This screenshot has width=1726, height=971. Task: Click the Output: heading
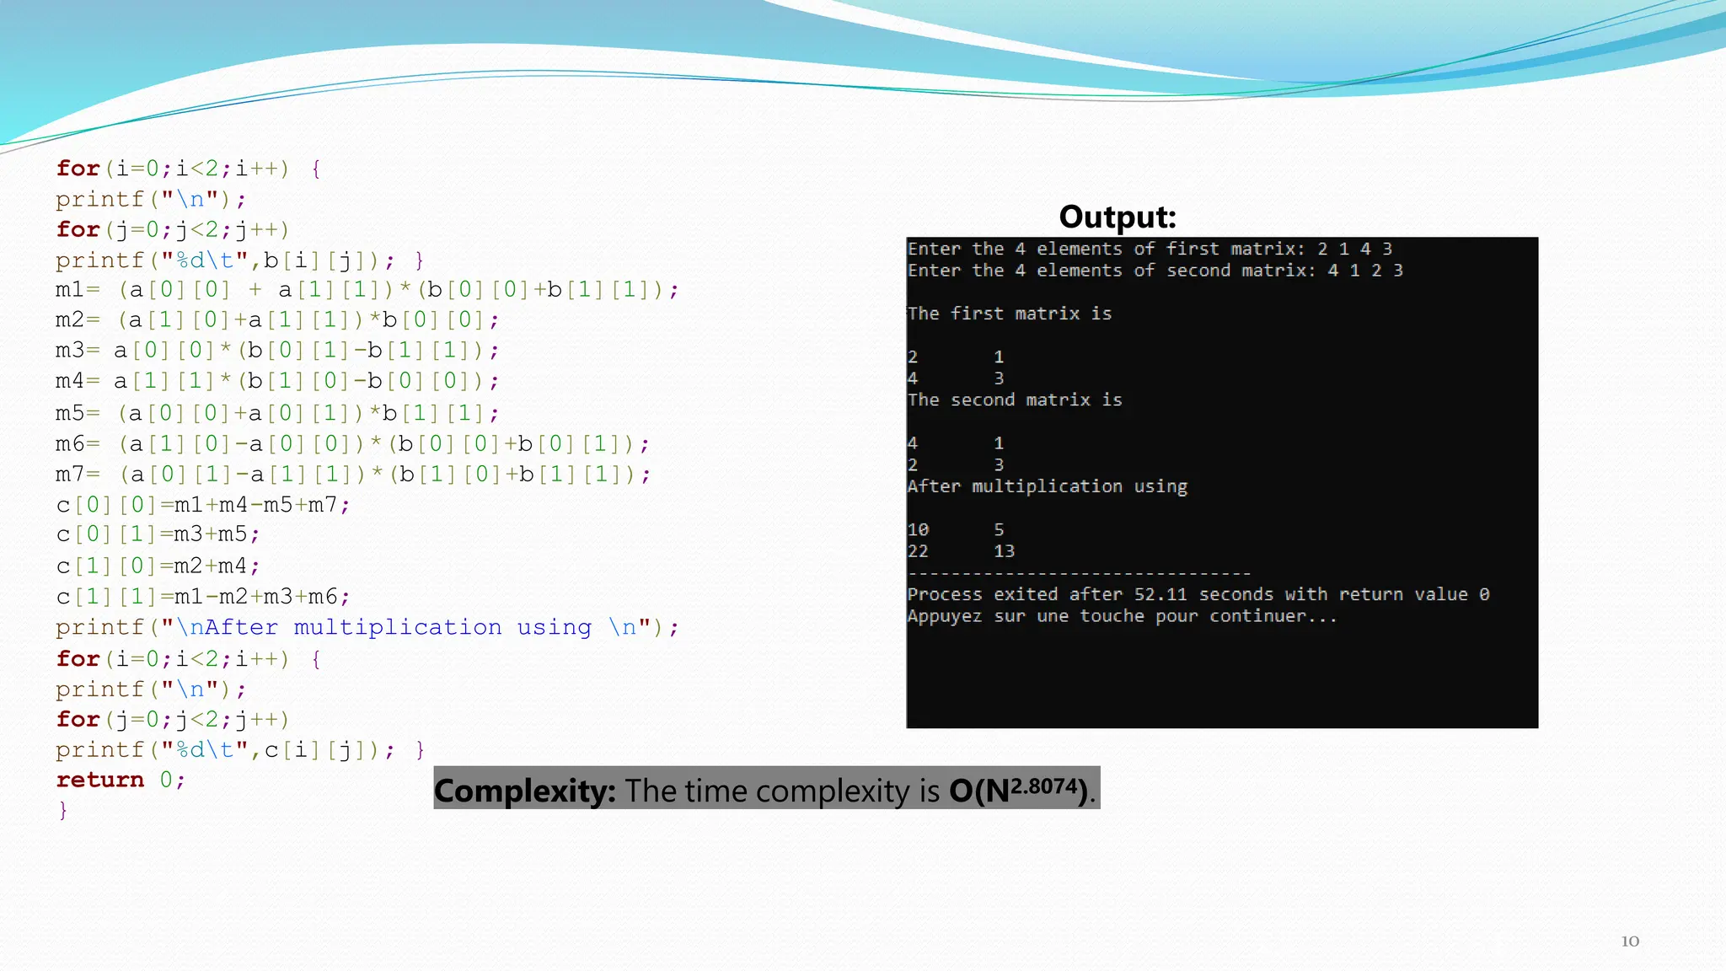point(1117,217)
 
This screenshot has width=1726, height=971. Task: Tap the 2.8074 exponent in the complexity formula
point(1045,786)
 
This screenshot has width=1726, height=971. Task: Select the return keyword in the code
point(100,780)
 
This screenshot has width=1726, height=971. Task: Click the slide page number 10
point(1630,941)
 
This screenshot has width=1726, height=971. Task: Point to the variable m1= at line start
point(77,290)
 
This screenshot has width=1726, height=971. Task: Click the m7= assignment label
point(77,475)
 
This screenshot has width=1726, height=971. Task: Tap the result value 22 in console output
point(918,551)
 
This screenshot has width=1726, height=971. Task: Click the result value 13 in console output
point(1004,551)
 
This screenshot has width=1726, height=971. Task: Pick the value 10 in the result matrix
point(918,530)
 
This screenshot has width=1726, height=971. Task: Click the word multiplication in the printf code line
point(397,627)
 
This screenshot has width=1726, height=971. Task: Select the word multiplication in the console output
point(1047,486)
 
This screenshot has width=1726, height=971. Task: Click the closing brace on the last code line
point(62,810)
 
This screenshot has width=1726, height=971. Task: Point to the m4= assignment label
point(77,381)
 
